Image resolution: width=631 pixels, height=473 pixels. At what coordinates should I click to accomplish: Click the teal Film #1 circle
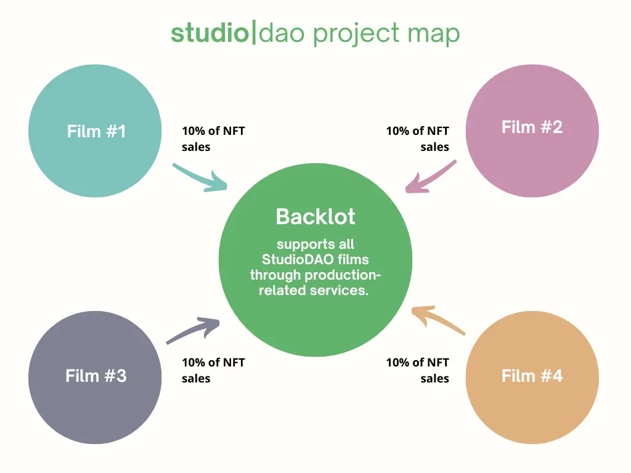click(x=96, y=131)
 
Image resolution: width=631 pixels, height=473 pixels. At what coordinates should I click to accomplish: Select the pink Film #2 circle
click(x=532, y=131)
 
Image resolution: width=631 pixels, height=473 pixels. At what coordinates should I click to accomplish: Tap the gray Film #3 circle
click(x=96, y=375)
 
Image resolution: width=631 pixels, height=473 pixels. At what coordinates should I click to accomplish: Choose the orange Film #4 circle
click(x=532, y=375)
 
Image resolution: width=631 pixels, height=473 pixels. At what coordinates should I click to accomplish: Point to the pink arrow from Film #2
click(x=431, y=177)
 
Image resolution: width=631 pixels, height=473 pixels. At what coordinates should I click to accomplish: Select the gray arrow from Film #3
click(x=193, y=330)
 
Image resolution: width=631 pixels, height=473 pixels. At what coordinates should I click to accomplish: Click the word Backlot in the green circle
click(x=315, y=217)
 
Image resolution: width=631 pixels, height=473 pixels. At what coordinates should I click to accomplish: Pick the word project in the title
click(x=357, y=34)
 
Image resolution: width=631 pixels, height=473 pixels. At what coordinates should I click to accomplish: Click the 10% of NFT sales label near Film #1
click(x=213, y=139)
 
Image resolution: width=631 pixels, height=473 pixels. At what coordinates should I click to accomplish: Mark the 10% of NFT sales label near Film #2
click(x=418, y=139)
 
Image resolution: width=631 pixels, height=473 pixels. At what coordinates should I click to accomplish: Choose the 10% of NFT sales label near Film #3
click(x=213, y=370)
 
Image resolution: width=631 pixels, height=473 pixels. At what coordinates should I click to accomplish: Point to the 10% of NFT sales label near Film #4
click(x=418, y=370)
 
